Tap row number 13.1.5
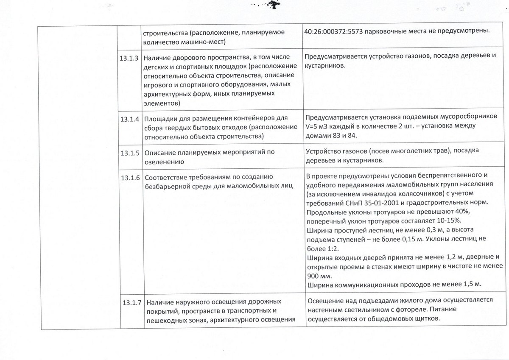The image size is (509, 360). [x=130, y=153]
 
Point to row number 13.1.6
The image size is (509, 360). [x=130, y=177]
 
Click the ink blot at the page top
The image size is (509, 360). [x=271, y=5]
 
